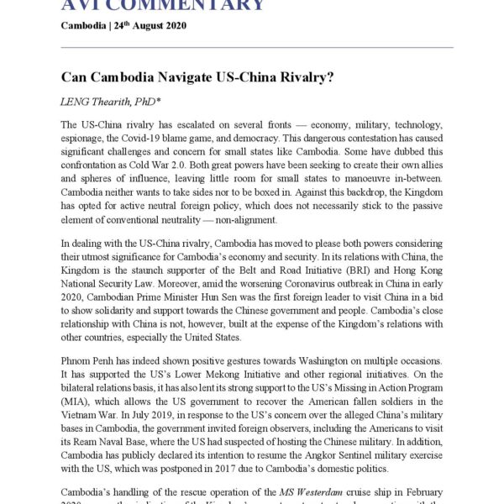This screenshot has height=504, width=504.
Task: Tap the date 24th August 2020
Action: point(151,25)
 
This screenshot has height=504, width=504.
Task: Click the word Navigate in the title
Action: point(184,76)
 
